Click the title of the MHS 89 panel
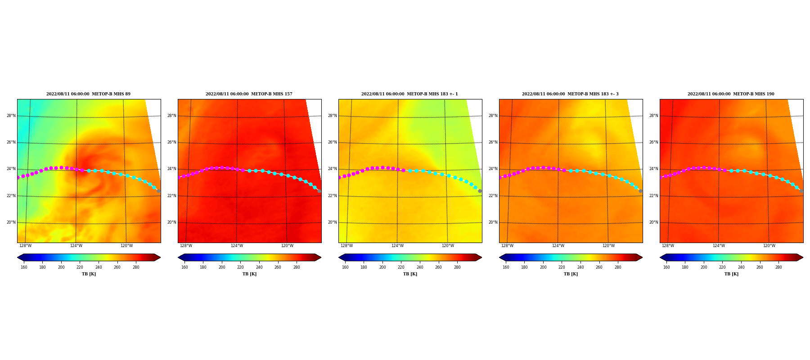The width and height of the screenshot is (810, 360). pyautogui.click(x=88, y=94)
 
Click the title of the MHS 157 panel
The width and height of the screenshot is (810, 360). pyautogui.click(x=249, y=94)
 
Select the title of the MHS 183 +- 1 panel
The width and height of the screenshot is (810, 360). pyautogui.click(x=409, y=94)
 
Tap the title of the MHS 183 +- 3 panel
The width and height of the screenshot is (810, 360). pyautogui.click(x=570, y=94)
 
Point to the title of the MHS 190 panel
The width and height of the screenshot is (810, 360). pyautogui.click(x=731, y=94)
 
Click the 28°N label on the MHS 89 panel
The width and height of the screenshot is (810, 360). pyautogui.click(x=11, y=116)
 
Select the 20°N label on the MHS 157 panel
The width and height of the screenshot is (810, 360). pyautogui.click(x=171, y=222)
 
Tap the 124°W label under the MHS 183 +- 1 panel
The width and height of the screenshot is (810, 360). pyautogui.click(x=397, y=246)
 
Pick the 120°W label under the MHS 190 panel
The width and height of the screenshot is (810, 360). pyautogui.click(x=769, y=246)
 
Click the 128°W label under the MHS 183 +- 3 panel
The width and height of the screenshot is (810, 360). pyautogui.click(x=507, y=246)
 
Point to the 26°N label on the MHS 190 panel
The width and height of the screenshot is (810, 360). pyautogui.click(x=653, y=142)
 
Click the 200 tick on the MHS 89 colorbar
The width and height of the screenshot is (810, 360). pyautogui.click(x=61, y=267)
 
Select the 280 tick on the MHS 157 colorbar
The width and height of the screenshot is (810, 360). pyautogui.click(x=297, y=267)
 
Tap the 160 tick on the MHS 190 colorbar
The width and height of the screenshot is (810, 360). pyautogui.click(x=666, y=267)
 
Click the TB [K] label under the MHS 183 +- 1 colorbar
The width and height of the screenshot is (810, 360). pyautogui.click(x=410, y=274)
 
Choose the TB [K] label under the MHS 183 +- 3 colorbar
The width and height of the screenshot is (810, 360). pyautogui.click(x=571, y=274)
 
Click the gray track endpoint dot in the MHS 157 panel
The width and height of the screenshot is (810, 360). pyautogui.click(x=319, y=191)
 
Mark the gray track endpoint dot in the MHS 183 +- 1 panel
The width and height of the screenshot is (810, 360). pyautogui.click(x=480, y=191)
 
